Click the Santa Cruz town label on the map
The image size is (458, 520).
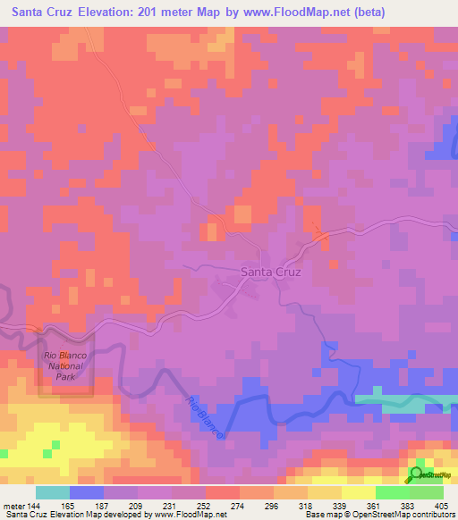[x=270, y=272]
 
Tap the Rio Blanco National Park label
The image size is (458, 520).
[x=64, y=366]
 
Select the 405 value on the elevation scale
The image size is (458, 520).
[x=438, y=506]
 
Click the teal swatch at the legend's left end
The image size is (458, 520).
[x=53, y=492]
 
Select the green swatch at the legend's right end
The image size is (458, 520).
[x=427, y=492]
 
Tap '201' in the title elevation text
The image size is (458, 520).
[x=174, y=13]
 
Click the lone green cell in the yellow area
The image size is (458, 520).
[x=55, y=444]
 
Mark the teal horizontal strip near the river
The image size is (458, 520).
[x=406, y=400]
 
